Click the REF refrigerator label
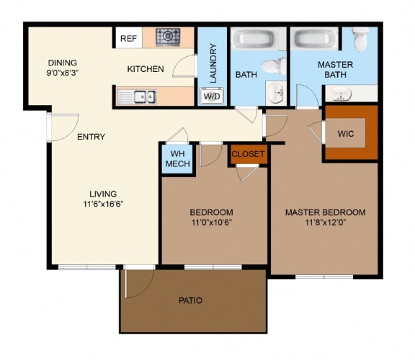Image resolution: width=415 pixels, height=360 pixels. (x=129, y=38)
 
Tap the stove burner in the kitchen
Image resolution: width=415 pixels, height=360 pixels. (x=169, y=37)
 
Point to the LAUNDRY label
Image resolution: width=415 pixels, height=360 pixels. (x=213, y=62)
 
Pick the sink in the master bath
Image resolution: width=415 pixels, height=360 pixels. (x=341, y=94)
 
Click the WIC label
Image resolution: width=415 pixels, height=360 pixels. (x=347, y=133)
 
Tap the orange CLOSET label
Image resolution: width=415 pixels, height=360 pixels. (x=249, y=154)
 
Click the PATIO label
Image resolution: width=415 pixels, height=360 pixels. (x=190, y=301)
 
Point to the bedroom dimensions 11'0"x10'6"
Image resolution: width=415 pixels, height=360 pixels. (x=211, y=223)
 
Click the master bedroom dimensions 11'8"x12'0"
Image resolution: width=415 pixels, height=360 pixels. (x=325, y=223)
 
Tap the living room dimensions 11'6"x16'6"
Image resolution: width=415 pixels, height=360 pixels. (x=104, y=204)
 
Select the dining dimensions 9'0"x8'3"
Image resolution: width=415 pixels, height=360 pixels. (x=62, y=73)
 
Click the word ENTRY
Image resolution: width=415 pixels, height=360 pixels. (x=91, y=137)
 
